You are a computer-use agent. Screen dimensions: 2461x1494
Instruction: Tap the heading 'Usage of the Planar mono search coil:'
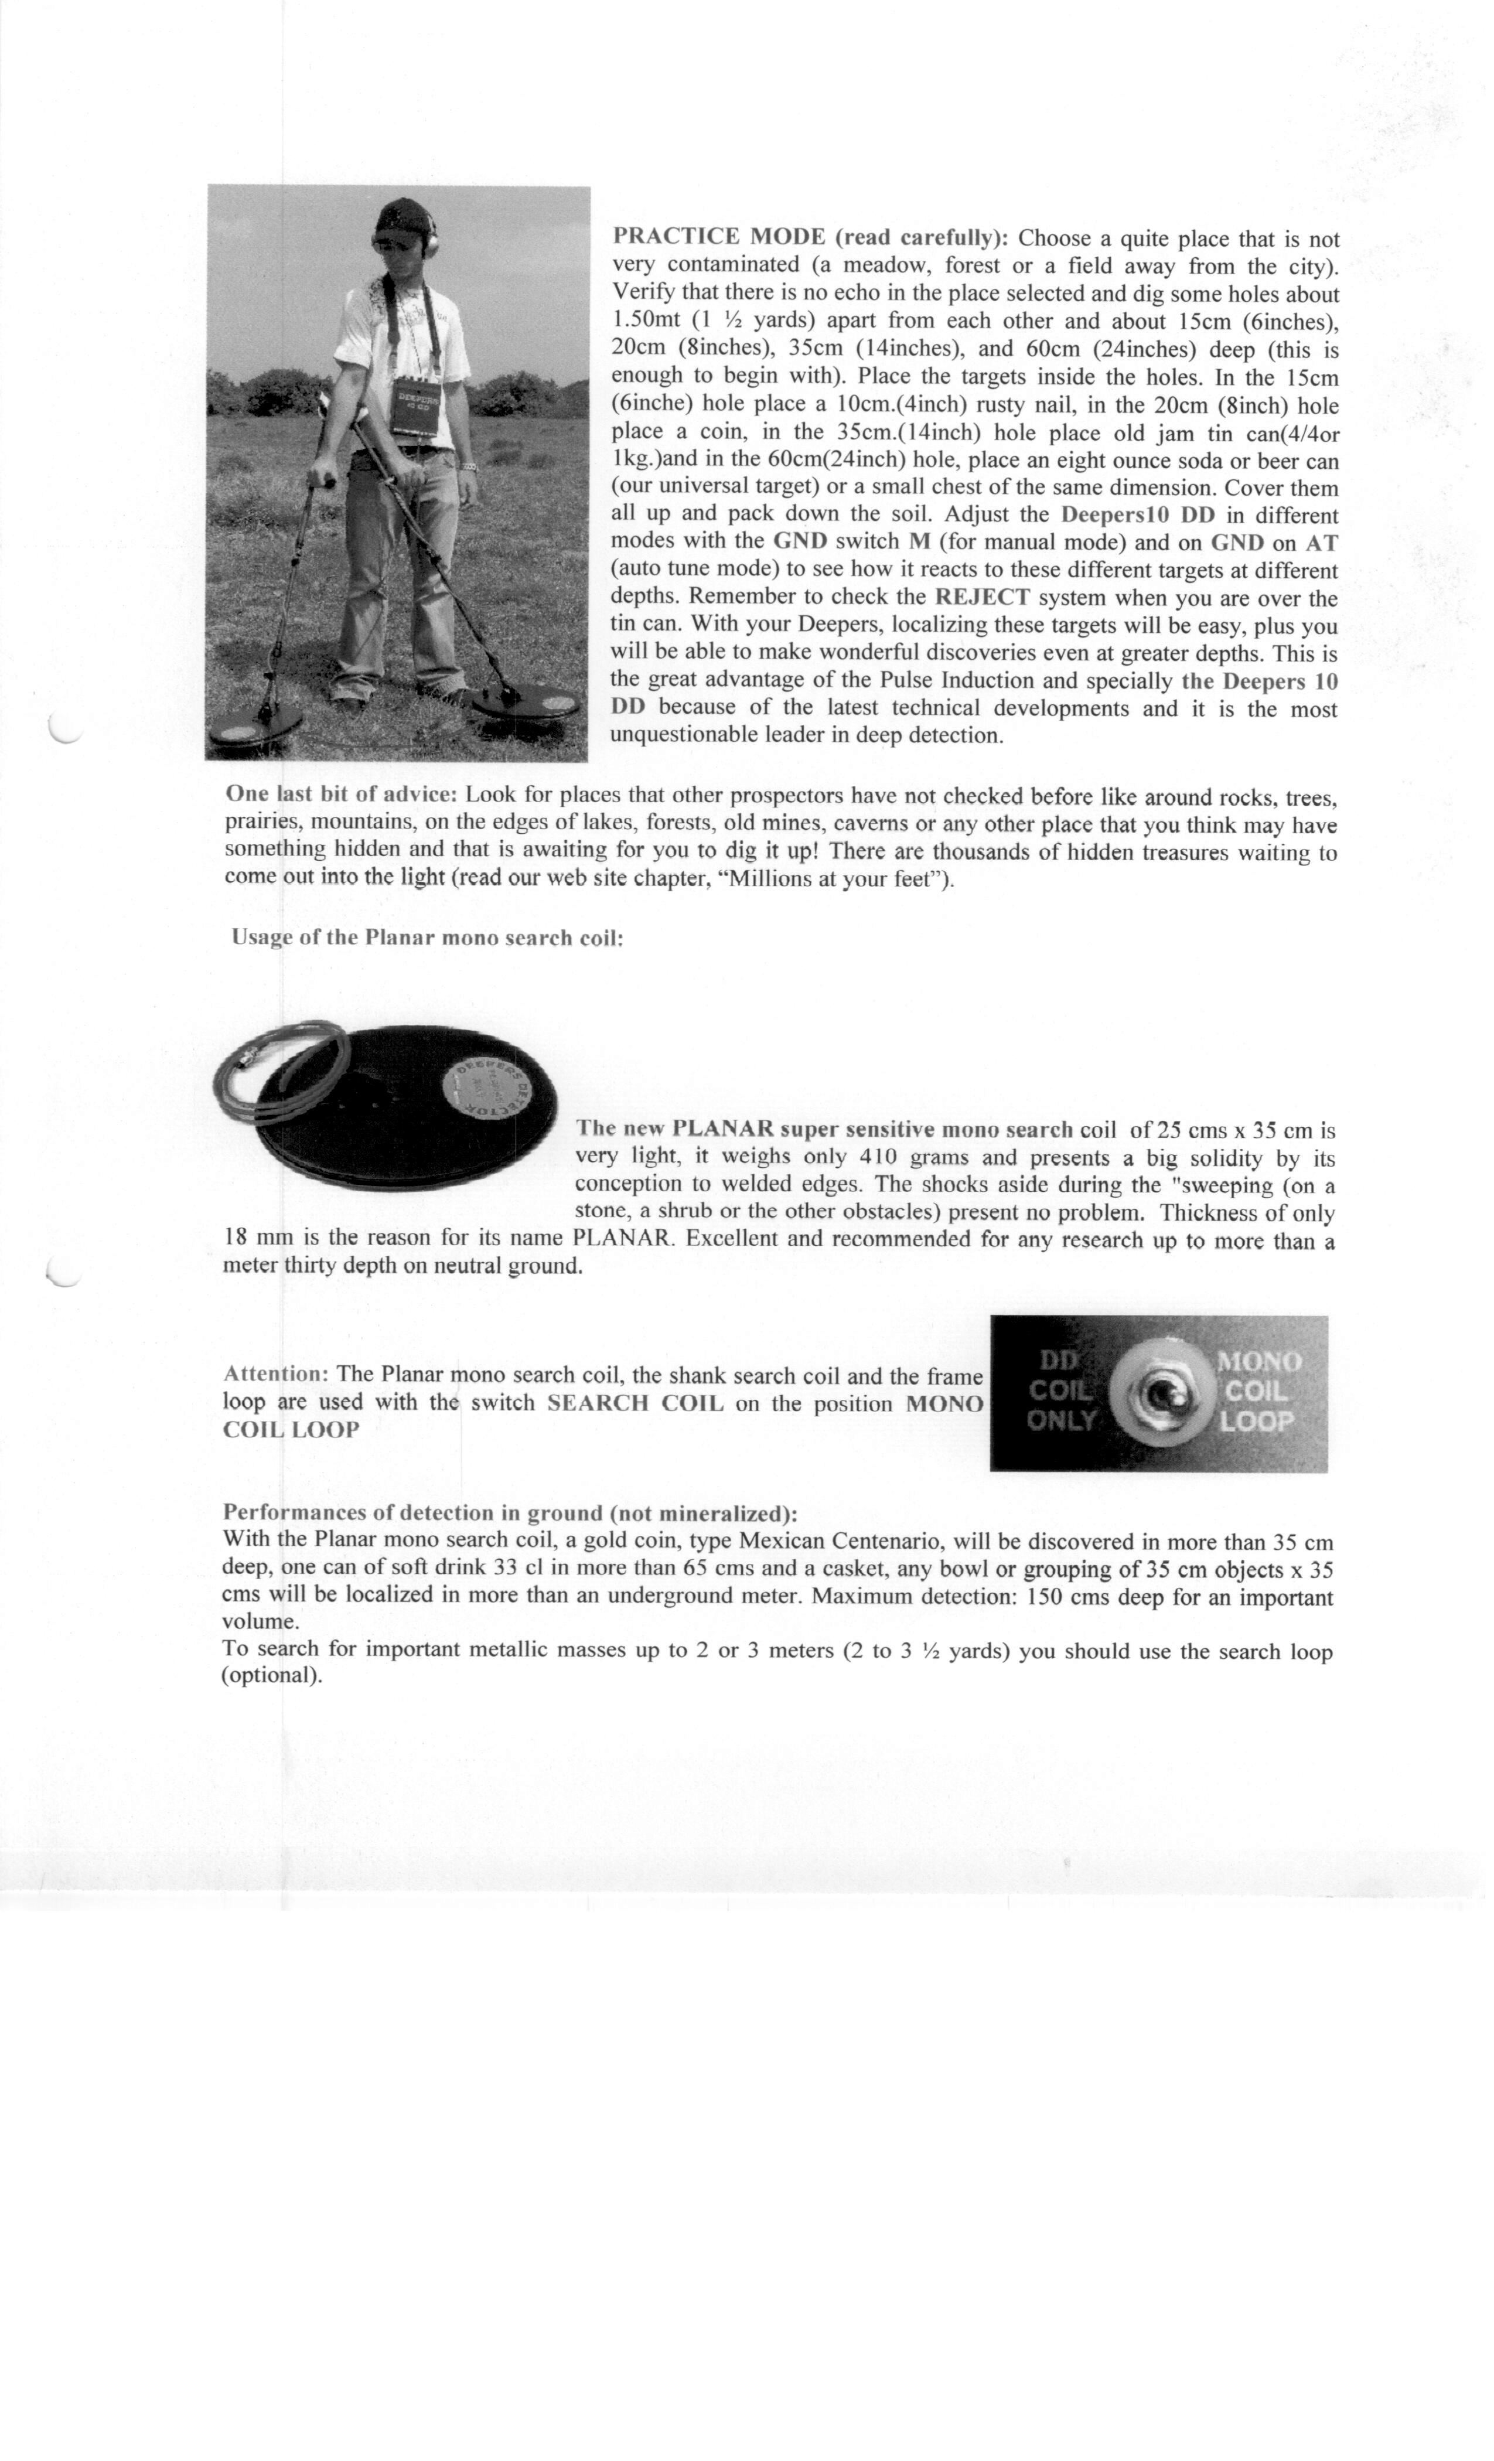(x=428, y=939)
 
